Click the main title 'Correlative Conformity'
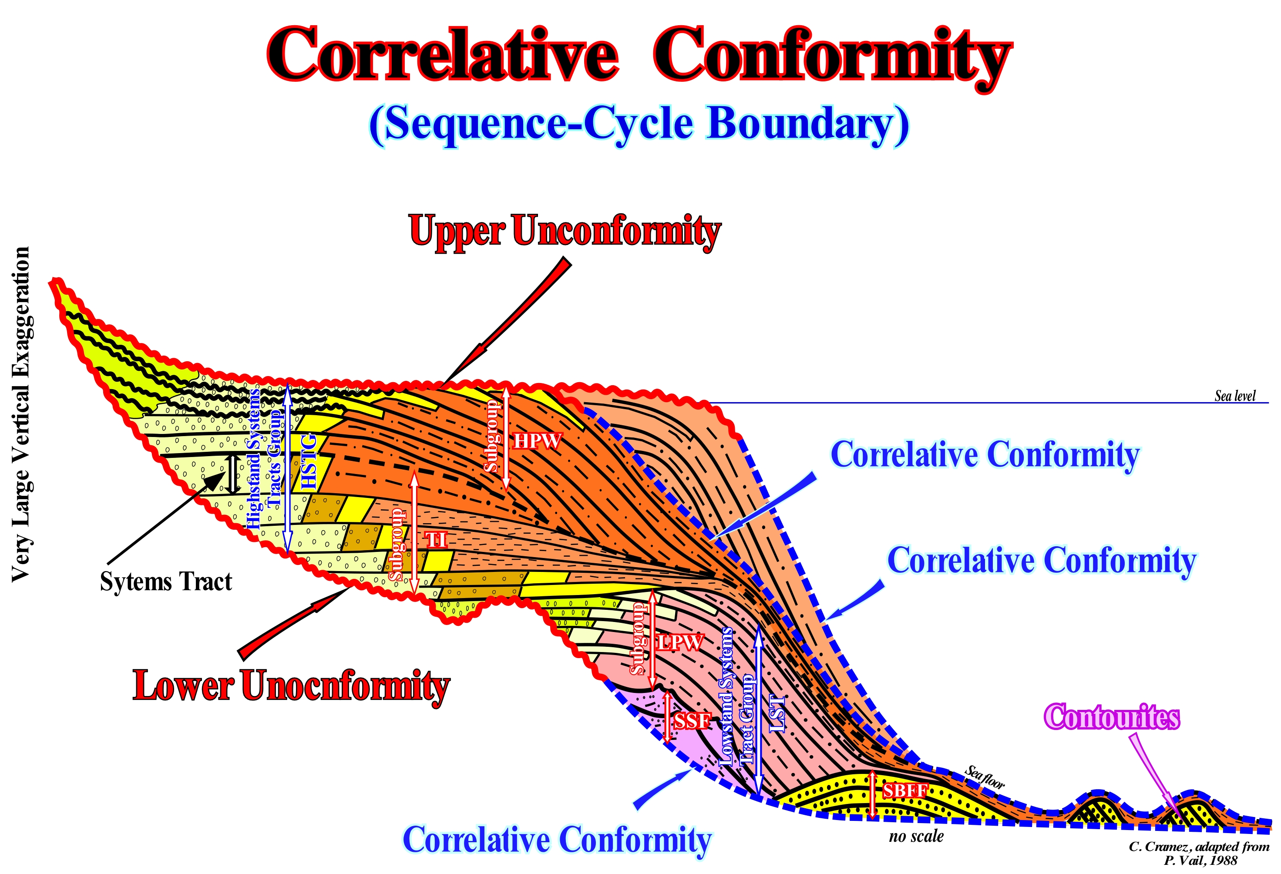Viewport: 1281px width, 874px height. (639, 55)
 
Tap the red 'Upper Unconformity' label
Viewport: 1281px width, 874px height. (565, 232)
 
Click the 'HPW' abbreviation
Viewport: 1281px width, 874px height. (538, 441)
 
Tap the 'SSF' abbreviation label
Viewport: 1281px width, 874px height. (692, 721)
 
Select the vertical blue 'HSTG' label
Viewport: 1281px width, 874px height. (310, 462)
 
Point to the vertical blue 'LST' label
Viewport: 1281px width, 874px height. (776, 714)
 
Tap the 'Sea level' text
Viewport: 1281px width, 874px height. (1235, 396)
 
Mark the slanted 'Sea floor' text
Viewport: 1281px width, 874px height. (985, 777)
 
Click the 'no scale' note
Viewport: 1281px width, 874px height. (916, 837)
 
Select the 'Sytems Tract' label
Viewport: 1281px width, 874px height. (166, 582)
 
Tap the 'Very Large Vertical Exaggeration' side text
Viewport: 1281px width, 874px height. (21, 413)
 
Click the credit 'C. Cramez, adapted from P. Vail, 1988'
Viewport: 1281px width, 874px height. (1199, 853)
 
